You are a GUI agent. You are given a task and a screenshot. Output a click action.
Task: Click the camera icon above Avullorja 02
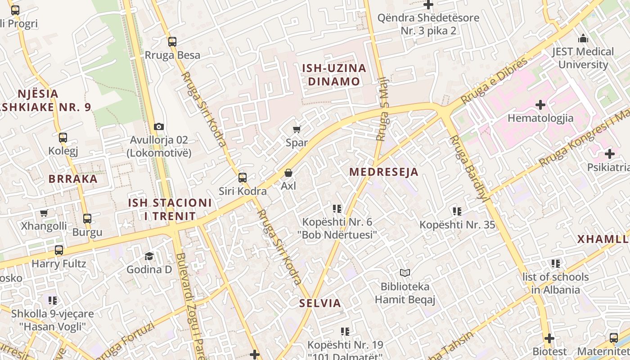tap(158, 127)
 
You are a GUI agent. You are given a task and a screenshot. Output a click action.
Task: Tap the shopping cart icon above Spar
tap(297, 130)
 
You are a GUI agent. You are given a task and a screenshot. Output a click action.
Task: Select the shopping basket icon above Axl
tap(288, 173)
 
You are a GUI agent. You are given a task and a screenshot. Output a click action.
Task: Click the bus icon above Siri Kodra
tap(243, 178)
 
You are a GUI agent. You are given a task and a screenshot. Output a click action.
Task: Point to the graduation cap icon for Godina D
tap(149, 256)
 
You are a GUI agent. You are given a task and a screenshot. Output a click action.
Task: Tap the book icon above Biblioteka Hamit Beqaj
tap(405, 273)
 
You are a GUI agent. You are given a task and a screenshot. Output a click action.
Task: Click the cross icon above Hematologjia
tap(540, 105)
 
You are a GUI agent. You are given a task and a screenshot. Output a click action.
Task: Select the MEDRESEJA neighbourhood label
tap(384, 172)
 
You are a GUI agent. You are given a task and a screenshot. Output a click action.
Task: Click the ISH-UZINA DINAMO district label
tap(334, 75)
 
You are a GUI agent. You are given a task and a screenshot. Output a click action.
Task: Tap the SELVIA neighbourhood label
tap(320, 303)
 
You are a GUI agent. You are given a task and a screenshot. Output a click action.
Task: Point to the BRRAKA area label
tap(73, 179)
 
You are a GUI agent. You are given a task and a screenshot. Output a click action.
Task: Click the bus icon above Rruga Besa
tap(172, 42)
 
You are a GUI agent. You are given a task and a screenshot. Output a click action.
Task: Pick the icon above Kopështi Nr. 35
tap(457, 211)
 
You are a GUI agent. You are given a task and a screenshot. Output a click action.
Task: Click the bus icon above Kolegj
tap(63, 138)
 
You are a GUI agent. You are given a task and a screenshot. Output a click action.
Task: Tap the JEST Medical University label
tap(583, 58)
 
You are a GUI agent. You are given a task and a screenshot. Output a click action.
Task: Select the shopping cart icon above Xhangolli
tap(44, 213)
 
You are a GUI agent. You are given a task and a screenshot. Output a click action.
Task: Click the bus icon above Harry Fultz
tap(59, 250)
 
